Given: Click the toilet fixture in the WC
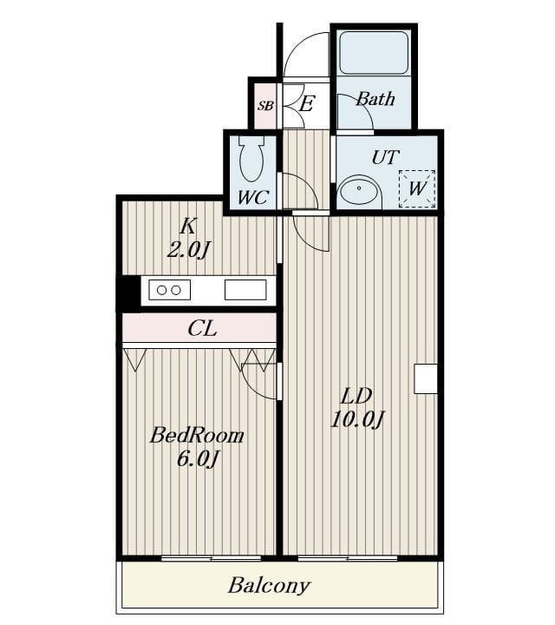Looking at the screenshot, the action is point(251,160).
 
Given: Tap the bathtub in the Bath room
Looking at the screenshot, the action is point(374,53).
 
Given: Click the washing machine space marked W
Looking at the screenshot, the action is point(417,188).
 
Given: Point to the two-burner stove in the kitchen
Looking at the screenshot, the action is point(170,290).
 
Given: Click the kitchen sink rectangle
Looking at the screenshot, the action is point(245,290).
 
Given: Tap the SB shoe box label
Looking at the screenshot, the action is point(265,106).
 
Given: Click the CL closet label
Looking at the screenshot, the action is point(202,329).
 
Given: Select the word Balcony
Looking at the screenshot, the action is point(269,586).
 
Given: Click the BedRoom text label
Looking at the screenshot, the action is point(197,435).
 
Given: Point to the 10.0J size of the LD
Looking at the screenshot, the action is point(357,420).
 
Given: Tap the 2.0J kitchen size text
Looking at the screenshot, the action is point(188,250).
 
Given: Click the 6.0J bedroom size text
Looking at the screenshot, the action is point(197,459).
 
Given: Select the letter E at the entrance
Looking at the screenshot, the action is point(306,104).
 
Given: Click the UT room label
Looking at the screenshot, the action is point(385,157).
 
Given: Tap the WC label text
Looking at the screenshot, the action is point(253,197).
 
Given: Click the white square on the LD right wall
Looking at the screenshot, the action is point(426,378).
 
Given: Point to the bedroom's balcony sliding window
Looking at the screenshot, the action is point(211,558).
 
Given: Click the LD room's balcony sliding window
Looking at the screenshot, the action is point(348,558).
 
